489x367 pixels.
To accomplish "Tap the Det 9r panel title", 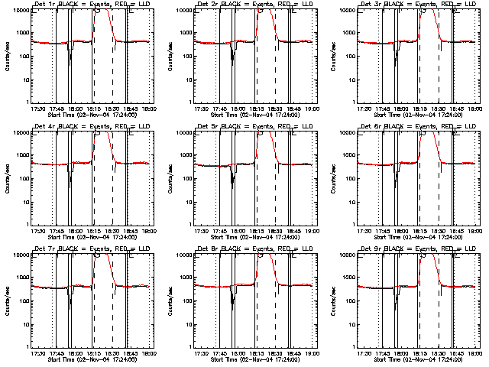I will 421,248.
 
